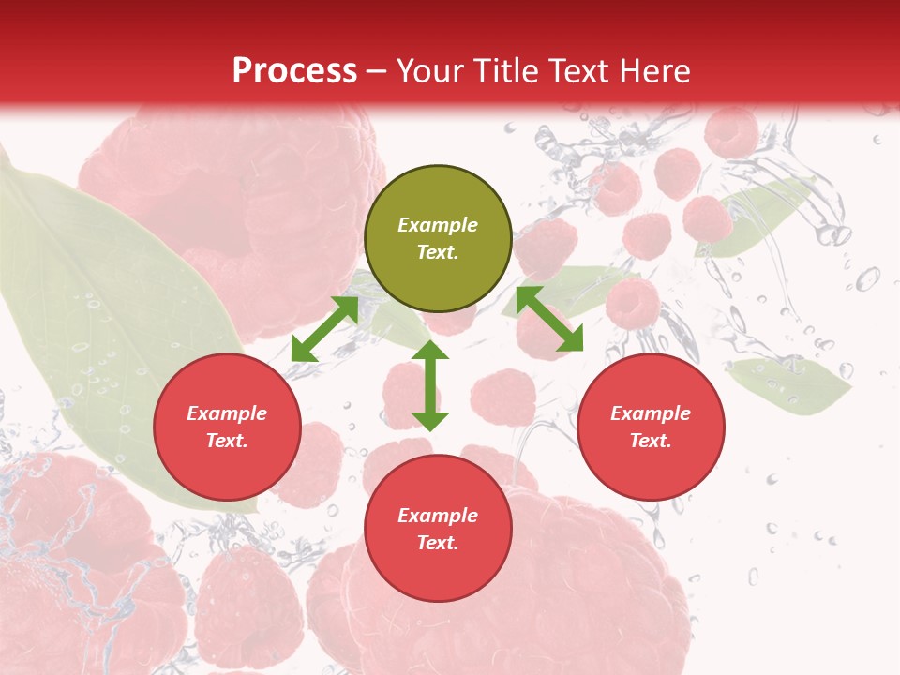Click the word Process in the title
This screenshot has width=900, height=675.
click(294, 71)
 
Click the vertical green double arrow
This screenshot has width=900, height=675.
click(430, 385)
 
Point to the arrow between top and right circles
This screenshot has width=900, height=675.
click(549, 319)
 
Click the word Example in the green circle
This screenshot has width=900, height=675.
click(438, 225)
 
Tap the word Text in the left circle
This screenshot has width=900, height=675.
click(227, 441)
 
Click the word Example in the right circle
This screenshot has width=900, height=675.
click(651, 413)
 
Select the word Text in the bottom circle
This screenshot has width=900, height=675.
click(438, 543)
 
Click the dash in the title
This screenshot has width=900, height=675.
click(377, 71)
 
